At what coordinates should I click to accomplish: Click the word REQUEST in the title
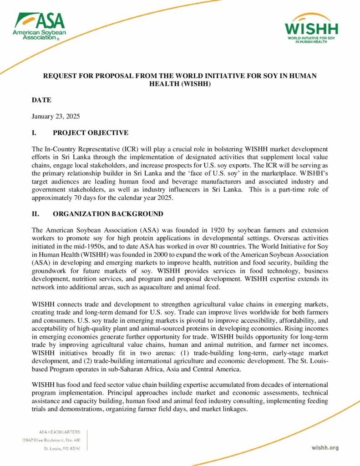click(60, 76)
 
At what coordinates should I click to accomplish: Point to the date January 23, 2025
click(56, 116)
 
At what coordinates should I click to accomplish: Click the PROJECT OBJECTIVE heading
click(91, 133)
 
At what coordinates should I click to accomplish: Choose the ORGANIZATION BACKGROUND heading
click(108, 214)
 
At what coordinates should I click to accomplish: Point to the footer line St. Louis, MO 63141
click(62, 448)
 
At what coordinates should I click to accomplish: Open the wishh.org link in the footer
click(325, 448)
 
